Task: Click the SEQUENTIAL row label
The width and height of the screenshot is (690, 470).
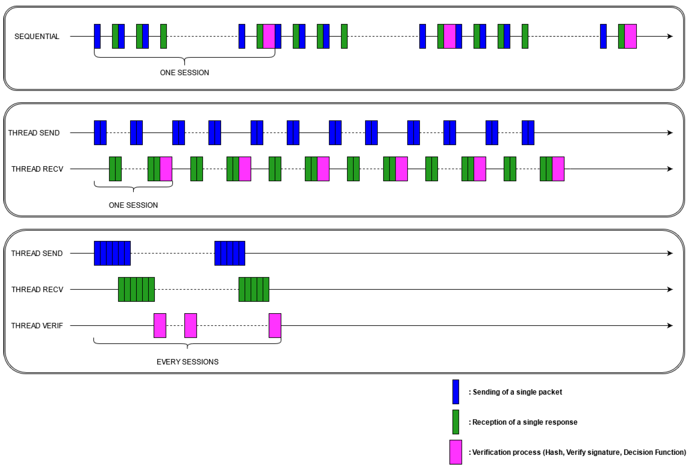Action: [37, 36]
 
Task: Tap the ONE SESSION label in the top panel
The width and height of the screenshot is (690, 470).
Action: [184, 73]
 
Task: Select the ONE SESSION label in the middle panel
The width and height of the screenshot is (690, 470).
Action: [133, 205]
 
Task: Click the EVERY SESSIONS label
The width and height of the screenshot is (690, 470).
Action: [187, 362]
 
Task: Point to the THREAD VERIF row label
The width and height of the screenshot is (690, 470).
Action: [37, 326]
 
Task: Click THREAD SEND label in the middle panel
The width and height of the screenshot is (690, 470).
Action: [34, 133]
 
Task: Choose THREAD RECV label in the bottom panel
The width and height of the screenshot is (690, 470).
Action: [37, 290]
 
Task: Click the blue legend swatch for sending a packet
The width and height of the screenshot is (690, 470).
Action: [456, 392]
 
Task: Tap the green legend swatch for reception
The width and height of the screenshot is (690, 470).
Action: [456, 422]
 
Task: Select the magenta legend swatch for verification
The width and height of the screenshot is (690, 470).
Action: [456, 452]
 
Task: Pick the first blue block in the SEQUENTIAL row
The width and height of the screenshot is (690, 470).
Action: [97, 36]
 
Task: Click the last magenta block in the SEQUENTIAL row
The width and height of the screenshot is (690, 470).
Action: [630, 36]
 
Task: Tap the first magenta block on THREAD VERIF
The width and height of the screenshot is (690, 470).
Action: [160, 326]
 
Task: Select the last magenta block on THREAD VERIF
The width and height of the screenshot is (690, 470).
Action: [275, 326]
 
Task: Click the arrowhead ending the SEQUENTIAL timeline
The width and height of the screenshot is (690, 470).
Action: [670, 36]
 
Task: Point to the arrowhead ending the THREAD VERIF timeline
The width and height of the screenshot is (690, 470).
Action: [670, 326]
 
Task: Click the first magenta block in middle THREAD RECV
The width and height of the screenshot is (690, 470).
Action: [166, 169]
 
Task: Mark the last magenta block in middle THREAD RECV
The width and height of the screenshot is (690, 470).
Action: [558, 169]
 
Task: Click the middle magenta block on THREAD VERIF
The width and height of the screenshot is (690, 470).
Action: [191, 326]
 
